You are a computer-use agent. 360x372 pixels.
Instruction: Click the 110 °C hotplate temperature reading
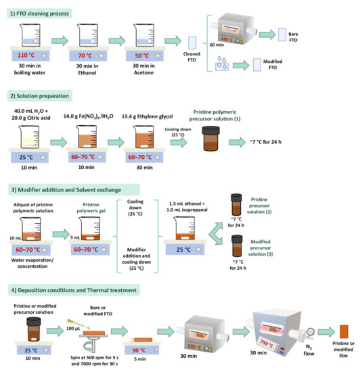click(x=26, y=55)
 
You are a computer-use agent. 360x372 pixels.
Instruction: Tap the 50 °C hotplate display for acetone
click(x=142, y=55)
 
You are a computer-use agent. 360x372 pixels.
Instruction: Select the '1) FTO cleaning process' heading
click(x=39, y=14)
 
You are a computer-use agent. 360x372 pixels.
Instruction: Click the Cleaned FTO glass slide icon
click(x=192, y=43)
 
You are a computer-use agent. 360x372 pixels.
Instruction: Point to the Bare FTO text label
click(x=293, y=37)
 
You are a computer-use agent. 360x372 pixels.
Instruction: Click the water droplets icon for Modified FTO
click(x=222, y=64)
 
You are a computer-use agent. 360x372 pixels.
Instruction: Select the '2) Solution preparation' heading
click(x=39, y=96)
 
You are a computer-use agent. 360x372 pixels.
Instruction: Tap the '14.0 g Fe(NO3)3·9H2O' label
click(x=88, y=116)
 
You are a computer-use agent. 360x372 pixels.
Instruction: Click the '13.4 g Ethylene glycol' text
click(x=147, y=116)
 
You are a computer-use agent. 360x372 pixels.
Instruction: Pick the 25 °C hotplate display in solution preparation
click(x=26, y=158)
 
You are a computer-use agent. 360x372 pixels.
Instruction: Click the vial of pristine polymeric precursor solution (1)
click(x=210, y=139)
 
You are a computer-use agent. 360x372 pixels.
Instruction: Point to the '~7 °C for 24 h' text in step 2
click(x=265, y=142)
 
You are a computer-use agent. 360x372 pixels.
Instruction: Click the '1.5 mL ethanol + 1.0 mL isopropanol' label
click(x=187, y=207)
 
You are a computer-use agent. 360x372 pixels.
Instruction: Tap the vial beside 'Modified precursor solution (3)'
click(x=237, y=246)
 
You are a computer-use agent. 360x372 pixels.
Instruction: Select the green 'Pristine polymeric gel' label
click(x=91, y=208)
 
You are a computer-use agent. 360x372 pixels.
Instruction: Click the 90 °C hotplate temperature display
click(x=139, y=350)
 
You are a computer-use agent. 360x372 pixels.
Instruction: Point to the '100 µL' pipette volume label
click(x=73, y=329)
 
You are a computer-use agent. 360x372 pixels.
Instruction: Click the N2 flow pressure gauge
click(x=310, y=331)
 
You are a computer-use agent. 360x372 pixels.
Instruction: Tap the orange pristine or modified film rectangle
click(x=344, y=331)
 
